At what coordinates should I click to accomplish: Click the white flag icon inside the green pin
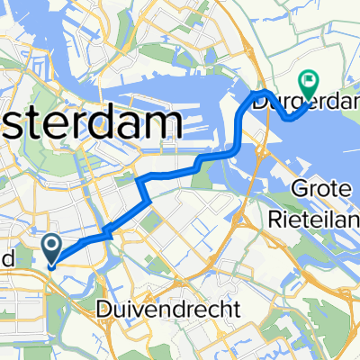coord(311,80)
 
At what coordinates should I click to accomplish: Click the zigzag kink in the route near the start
coord(108,233)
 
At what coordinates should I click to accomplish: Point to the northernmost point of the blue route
coord(262,92)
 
